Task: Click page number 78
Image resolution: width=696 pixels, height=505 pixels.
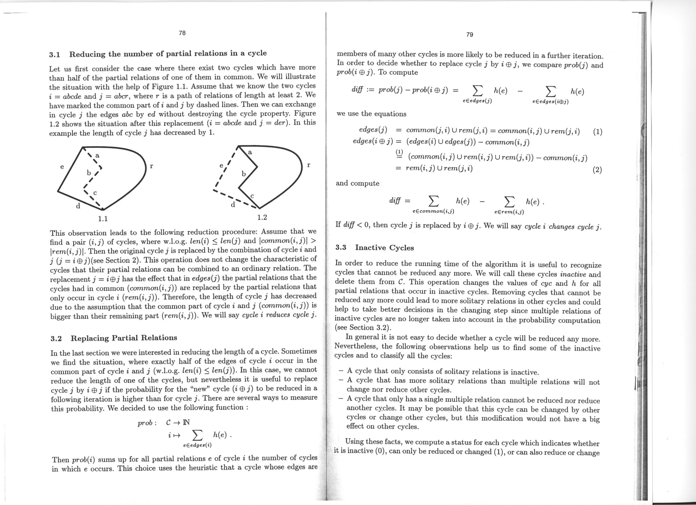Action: pos(182,33)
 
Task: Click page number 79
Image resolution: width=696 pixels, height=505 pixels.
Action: pos(470,35)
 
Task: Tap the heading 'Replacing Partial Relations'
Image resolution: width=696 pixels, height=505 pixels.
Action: pos(124,338)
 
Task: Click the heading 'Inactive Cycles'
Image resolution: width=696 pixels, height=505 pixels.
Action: pos(384,248)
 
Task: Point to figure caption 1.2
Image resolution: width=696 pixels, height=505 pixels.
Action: pos(262,218)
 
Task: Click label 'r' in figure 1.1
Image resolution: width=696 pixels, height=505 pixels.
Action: pos(151,166)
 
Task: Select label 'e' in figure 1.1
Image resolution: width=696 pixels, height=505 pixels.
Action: pos(62,167)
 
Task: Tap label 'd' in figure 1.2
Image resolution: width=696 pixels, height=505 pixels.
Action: pos(233,205)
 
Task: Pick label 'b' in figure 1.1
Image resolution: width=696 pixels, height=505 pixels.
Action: pos(89,173)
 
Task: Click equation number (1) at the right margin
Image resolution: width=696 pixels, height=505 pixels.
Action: pos(598,132)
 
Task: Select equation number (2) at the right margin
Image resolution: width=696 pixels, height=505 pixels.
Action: pos(597,170)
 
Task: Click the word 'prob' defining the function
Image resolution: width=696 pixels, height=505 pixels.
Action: pos(145,423)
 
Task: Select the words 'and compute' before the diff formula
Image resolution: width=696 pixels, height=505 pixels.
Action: pos(357,184)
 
